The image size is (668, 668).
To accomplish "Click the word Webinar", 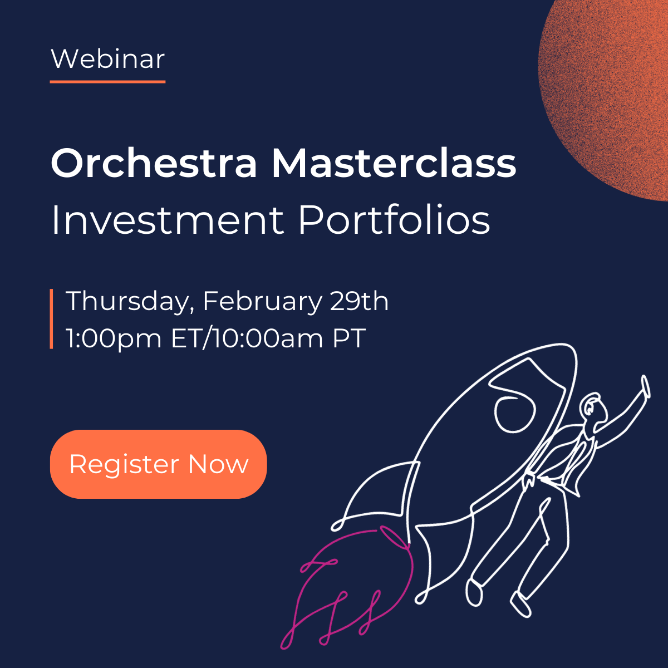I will point(108,58).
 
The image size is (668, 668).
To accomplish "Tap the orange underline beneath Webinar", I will point(108,82).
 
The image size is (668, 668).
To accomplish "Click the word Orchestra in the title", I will point(154,163).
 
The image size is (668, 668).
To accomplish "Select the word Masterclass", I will point(394,163).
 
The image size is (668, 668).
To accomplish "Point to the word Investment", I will point(167,220).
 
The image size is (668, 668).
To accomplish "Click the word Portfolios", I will point(394,220).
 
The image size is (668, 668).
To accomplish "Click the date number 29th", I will point(360,301).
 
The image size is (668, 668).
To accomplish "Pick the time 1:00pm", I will point(114,338).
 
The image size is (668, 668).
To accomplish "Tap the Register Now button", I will point(159,464).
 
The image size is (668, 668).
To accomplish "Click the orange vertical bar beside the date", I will point(51,319).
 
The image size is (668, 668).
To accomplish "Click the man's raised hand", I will point(645,386).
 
